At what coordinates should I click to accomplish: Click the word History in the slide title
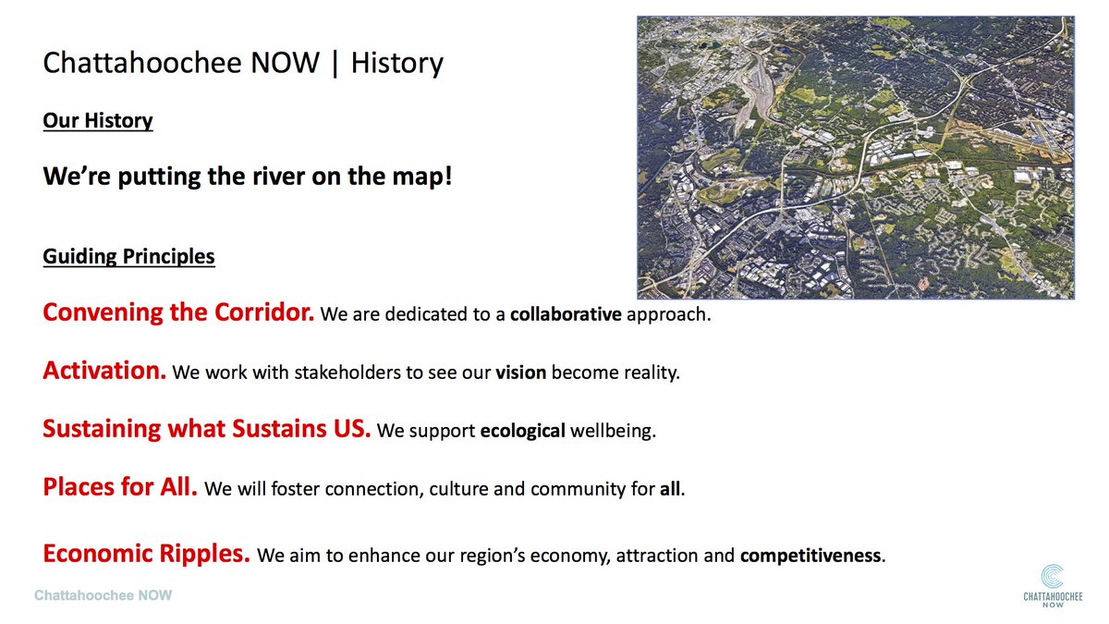tap(397, 64)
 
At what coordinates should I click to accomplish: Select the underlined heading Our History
tap(98, 121)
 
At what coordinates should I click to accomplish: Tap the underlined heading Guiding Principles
tap(128, 256)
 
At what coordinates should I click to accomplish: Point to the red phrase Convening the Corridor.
tap(178, 312)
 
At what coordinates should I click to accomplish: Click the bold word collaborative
tap(565, 314)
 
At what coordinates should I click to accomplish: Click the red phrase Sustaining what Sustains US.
tap(207, 430)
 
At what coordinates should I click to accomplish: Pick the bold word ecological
tap(522, 432)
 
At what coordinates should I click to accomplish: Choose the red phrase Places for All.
tap(120, 487)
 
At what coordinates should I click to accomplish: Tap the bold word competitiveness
tap(810, 557)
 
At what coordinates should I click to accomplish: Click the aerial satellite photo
tap(855, 157)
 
